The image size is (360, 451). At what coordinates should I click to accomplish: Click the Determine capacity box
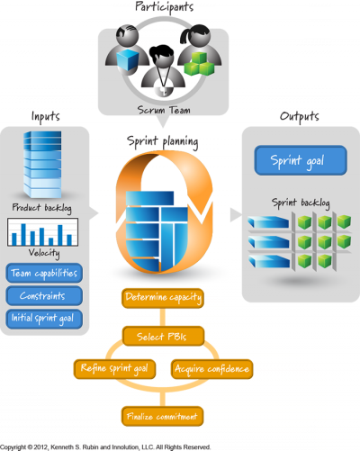(x=163, y=298)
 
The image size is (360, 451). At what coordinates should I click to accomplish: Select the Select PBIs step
(x=163, y=336)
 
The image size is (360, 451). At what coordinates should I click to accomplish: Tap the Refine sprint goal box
(x=114, y=369)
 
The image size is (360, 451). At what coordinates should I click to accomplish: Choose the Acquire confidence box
(x=211, y=369)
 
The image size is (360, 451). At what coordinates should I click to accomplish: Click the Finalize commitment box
(x=162, y=416)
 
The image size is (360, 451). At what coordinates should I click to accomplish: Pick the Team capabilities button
(x=44, y=273)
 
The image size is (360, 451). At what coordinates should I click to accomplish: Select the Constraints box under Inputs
(x=44, y=296)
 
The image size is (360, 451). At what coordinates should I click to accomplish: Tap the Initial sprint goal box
(x=44, y=319)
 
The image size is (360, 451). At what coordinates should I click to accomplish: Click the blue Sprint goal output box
(x=301, y=160)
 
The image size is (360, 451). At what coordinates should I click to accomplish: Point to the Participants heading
(x=164, y=7)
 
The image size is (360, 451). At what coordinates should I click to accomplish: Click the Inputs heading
(x=46, y=116)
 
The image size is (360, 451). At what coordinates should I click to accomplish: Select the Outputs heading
(x=299, y=116)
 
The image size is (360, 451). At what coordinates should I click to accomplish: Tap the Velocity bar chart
(x=43, y=232)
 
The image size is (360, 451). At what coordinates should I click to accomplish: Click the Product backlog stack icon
(x=42, y=165)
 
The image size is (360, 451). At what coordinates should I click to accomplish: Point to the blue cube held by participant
(x=128, y=59)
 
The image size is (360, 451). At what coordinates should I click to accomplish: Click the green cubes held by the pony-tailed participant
(x=199, y=64)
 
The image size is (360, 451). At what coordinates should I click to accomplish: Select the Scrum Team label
(x=164, y=110)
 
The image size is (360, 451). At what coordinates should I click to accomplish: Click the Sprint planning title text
(x=162, y=141)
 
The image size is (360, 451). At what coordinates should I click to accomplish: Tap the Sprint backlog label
(x=301, y=203)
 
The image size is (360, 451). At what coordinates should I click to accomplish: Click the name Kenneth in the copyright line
(x=60, y=447)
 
